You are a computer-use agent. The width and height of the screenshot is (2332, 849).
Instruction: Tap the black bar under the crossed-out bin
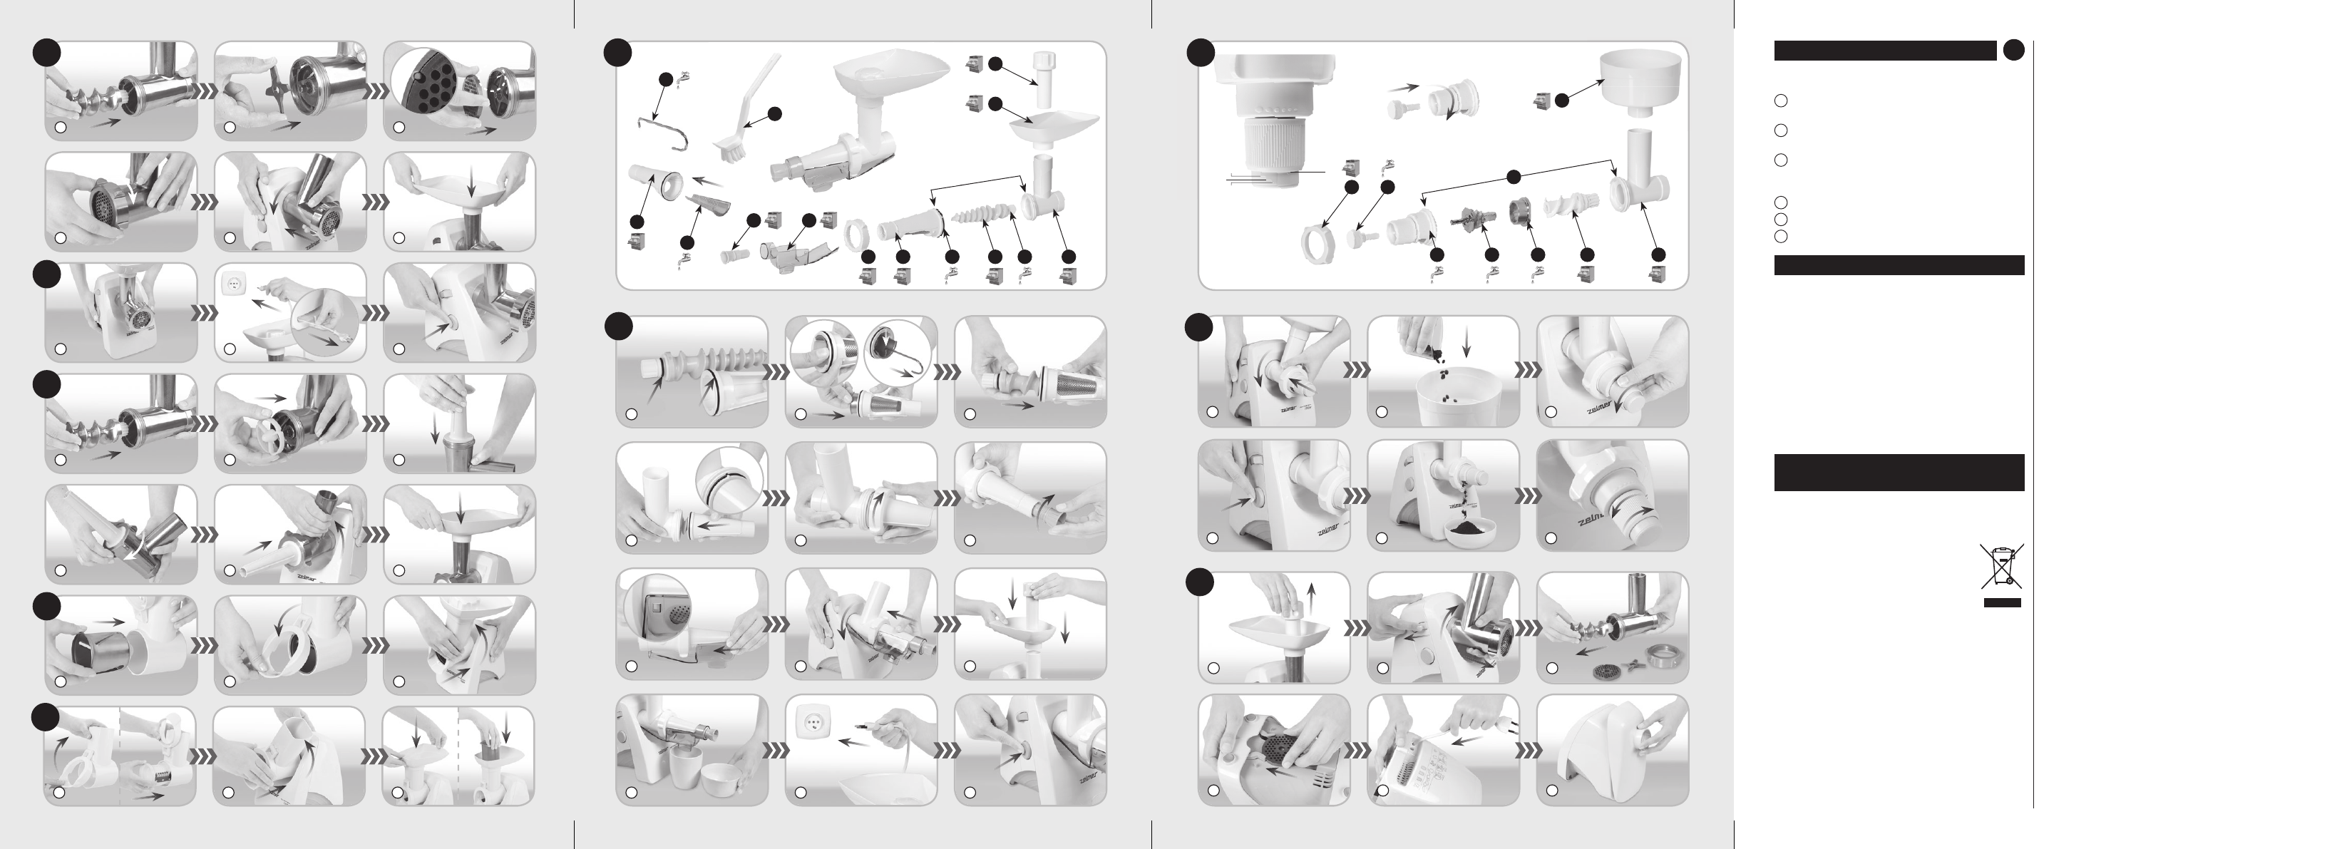point(2002,602)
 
